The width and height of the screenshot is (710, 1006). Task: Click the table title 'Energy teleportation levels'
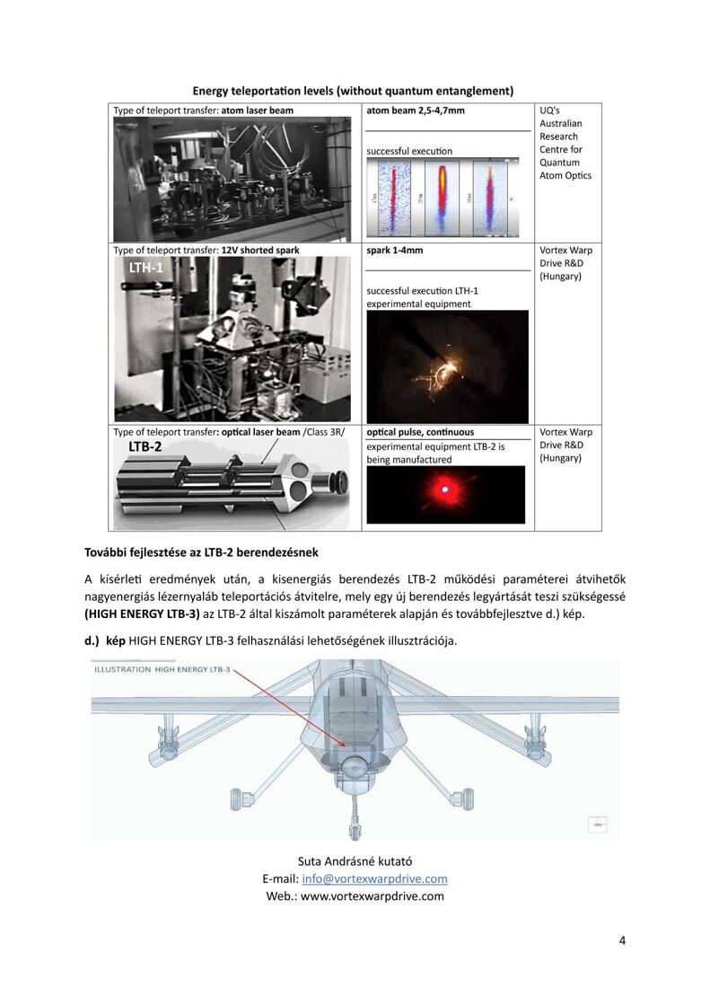(353, 91)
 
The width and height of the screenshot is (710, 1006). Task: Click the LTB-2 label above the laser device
(145, 446)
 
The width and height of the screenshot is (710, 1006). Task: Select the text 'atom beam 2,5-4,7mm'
(416, 110)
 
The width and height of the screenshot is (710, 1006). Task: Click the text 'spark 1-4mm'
(395, 251)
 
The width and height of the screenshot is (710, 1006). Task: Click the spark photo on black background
(447, 366)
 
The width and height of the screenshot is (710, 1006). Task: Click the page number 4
(622, 940)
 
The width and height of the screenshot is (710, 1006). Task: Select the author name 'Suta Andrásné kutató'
(355, 860)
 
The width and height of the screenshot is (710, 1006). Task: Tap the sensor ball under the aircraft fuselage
(352, 768)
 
